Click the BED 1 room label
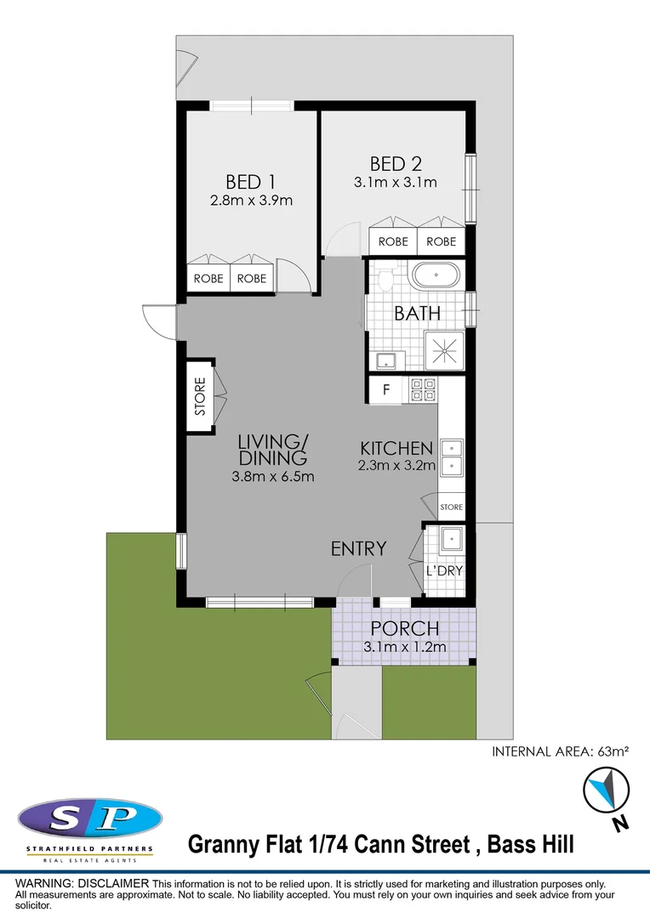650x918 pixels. click(250, 182)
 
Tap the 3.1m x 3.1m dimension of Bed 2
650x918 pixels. click(395, 182)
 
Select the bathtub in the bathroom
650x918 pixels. click(435, 275)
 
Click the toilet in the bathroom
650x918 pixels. click(384, 277)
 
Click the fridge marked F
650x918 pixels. click(386, 390)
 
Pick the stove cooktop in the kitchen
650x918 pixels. click(423, 390)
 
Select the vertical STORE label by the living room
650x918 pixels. click(200, 395)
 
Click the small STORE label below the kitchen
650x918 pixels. click(451, 507)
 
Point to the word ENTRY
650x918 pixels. click(358, 549)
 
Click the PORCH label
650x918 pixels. click(404, 629)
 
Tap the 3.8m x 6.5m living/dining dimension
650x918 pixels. click(272, 476)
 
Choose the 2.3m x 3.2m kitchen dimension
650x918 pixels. click(397, 465)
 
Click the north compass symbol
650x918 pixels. click(605, 790)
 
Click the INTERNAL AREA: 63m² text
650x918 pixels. click(561, 751)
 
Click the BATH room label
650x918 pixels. click(417, 313)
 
